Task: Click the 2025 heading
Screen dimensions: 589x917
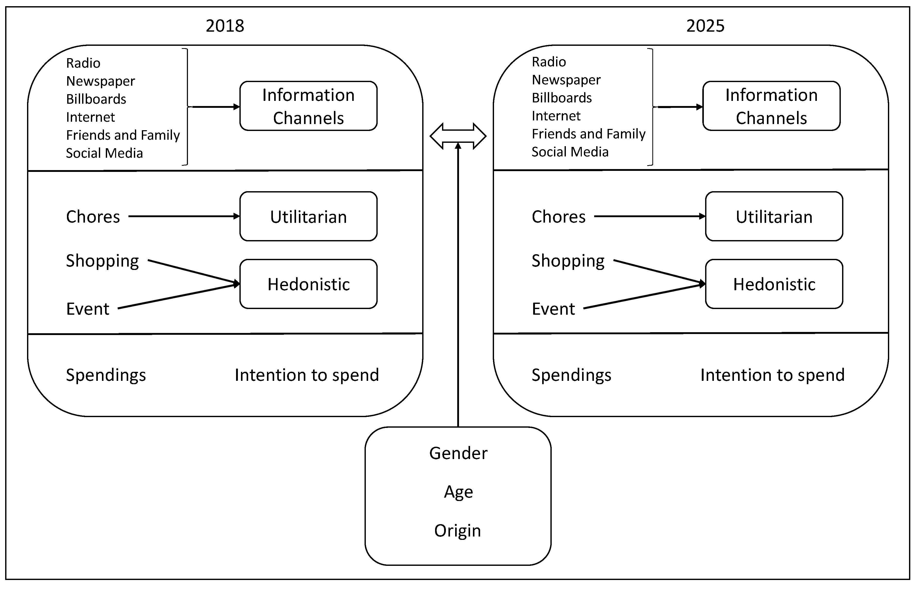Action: [705, 26]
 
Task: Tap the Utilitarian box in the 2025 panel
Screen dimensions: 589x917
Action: [774, 216]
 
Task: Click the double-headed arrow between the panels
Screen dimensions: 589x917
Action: [458, 136]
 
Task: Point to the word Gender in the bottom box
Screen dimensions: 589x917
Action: [458, 453]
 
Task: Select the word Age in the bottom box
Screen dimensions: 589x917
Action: [458, 492]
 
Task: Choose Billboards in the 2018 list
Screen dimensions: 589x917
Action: [96, 99]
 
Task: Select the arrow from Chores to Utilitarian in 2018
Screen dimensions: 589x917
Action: [184, 216]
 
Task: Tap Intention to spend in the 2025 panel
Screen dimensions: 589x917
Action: [772, 375]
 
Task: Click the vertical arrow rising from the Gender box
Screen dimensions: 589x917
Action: [458, 287]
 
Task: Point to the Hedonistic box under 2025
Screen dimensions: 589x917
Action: [774, 284]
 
